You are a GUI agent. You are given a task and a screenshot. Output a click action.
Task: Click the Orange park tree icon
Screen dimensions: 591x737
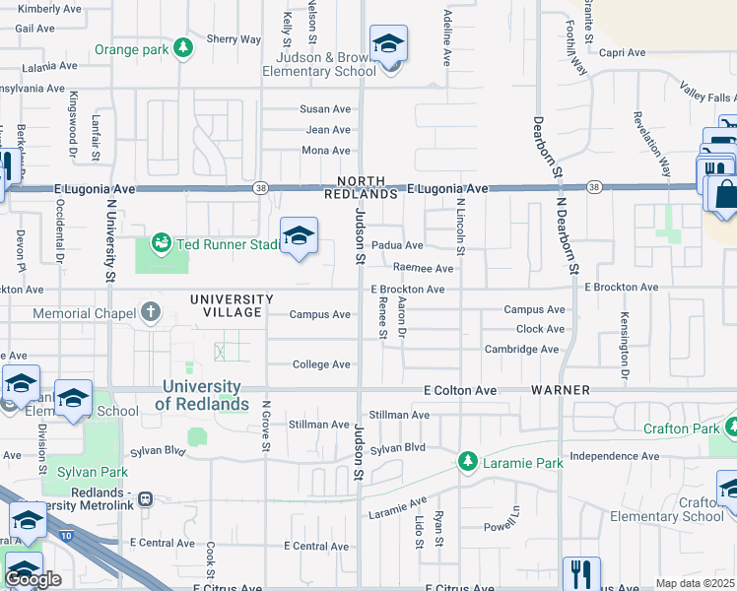tap(182, 48)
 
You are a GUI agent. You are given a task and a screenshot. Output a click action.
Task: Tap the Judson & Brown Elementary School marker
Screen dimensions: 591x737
tap(388, 45)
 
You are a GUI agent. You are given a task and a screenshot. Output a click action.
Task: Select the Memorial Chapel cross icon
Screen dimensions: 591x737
tap(151, 313)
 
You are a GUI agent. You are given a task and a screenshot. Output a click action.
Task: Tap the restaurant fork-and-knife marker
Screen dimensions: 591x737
tap(580, 573)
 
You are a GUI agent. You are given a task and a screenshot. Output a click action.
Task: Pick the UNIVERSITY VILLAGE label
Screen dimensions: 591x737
tap(232, 305)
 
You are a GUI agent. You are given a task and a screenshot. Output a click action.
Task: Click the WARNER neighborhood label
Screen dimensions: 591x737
tap(561, 390)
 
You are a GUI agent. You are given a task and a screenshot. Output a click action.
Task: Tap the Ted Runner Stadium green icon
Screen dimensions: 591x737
tap(160, 241)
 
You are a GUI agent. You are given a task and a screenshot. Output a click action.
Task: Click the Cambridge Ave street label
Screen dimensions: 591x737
tap(521, 350)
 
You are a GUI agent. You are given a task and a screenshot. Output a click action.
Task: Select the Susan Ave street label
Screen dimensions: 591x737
tap(326, 109)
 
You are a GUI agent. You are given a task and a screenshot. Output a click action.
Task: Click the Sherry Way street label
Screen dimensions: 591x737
tap(234, 40)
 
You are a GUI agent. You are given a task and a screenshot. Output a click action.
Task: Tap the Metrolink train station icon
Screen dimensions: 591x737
tap(146, 498)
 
